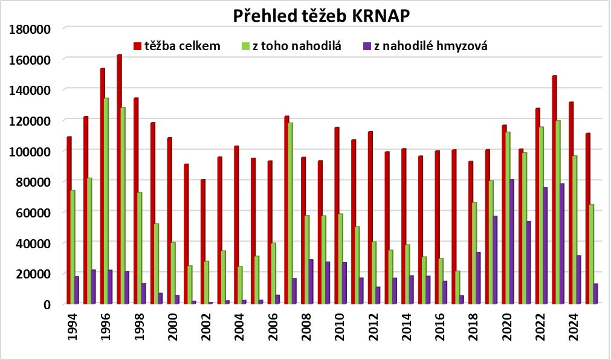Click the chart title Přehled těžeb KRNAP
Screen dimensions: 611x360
click(322, 16)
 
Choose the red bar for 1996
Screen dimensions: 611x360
click(103, 186)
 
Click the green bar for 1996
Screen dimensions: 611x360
click(106, 201)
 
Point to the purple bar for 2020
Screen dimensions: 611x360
click(512, 242)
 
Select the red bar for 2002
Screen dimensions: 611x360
click(203, 242)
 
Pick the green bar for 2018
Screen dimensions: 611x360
click(474, 253)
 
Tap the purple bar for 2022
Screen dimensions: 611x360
click(545, 246)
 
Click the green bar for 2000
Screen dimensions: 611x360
click(173, 273)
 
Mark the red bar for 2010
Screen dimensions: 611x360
click(337, 216)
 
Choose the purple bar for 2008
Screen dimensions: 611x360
click(311, 281)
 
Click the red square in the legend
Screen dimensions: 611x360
click(137, 47)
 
